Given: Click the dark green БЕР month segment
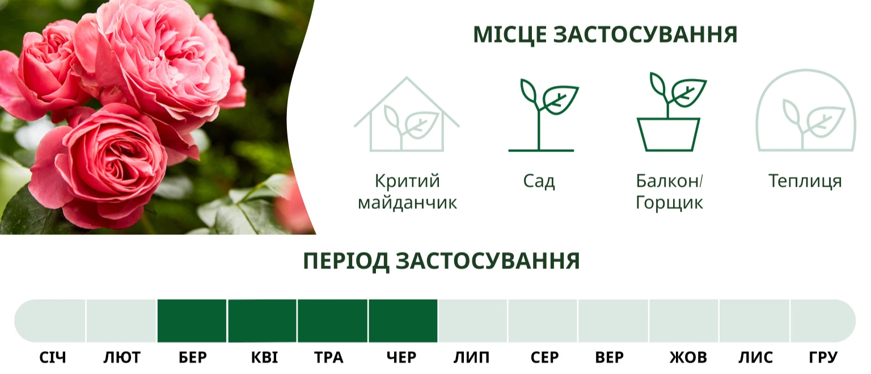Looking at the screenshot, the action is click(192, 321).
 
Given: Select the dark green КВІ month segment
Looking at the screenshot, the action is click(262, 321).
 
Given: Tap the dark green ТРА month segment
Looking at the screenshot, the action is click(332, 321).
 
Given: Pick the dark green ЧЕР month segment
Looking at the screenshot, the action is click(403, 321).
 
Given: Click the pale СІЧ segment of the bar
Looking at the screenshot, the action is click(50, 321).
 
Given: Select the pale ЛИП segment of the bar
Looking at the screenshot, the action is click(473, 321).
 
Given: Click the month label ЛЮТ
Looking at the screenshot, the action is click(122, 358).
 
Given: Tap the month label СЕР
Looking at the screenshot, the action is click(544, 358).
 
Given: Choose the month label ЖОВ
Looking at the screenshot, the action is click(688, 358).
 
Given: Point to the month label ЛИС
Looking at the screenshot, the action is click(755, 358).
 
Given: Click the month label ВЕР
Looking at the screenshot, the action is click(610, 358).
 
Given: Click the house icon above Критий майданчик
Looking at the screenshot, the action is click(407, 115).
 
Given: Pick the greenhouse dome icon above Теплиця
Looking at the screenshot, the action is click(806, 111).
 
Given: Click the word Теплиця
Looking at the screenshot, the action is click(805, 182).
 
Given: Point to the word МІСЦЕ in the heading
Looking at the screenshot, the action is click(510, 35).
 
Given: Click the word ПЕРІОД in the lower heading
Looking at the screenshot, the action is click(346, 261).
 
